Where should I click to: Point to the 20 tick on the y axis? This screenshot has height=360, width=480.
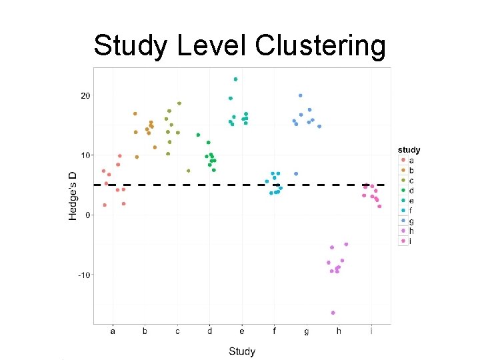(85, 96)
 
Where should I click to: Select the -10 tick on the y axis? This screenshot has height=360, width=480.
(84, 275)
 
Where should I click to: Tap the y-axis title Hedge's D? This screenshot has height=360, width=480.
(74, 195)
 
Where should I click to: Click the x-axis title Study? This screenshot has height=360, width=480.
(241, 351)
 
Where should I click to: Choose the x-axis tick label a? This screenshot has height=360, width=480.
(113, 331)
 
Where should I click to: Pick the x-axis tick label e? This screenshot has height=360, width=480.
(242, 331)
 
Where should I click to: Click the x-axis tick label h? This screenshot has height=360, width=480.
(339, 331)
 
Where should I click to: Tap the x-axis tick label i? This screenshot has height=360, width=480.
(371, 331)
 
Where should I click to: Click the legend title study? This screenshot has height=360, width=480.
(409, 150)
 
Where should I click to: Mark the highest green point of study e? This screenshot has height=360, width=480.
(235, 79)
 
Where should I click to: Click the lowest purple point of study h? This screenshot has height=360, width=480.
(333, 313)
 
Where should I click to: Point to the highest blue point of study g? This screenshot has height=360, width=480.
(301, 95)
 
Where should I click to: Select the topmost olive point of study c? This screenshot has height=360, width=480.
(179, 103)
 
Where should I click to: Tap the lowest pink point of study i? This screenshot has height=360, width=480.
(379, 206)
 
